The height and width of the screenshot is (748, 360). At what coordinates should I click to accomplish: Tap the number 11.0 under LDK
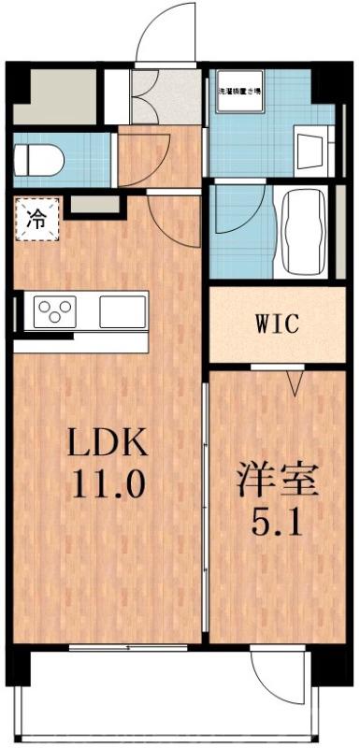click(x=103, y=484)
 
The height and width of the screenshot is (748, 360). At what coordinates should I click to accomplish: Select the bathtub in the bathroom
click(x=302, y=230)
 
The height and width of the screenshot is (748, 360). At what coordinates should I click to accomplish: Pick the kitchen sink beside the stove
click(x=123, y=310)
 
